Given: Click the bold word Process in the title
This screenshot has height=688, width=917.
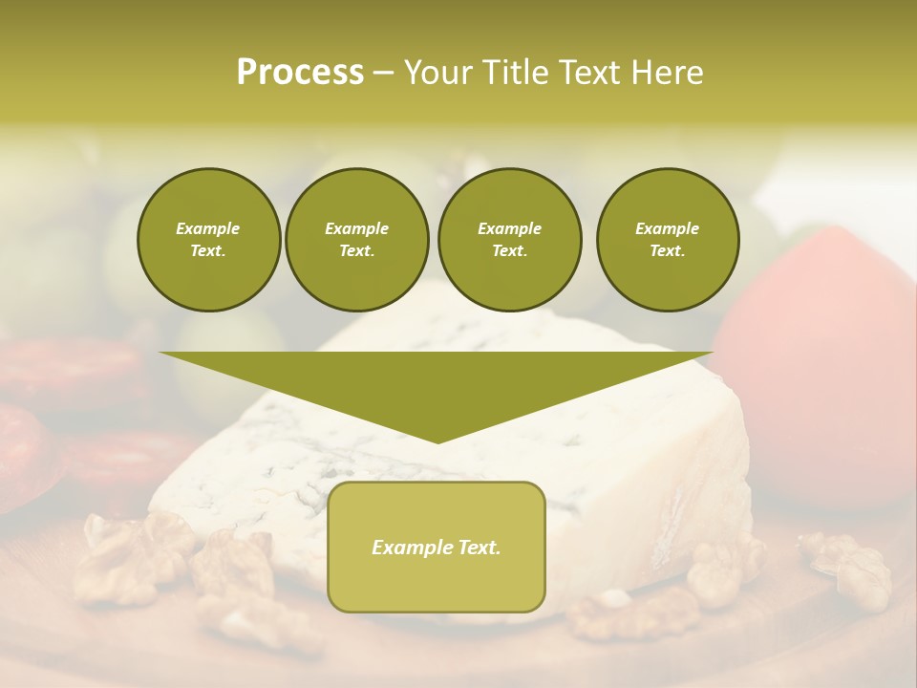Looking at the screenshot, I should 300,73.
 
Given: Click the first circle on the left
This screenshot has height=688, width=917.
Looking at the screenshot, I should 208,240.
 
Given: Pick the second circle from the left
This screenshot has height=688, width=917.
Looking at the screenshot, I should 357,240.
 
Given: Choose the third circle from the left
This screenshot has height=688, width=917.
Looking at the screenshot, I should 509,240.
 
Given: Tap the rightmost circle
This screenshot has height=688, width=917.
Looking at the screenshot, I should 668,240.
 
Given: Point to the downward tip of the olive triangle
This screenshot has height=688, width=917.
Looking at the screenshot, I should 437,441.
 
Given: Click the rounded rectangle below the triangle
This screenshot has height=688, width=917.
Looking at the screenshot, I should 437,583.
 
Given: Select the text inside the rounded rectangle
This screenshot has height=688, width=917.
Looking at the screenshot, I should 437,548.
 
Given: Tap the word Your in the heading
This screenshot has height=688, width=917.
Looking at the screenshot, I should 436,73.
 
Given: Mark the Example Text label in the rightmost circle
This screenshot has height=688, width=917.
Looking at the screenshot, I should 668,240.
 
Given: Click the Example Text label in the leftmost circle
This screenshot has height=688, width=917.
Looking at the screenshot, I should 208,240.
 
